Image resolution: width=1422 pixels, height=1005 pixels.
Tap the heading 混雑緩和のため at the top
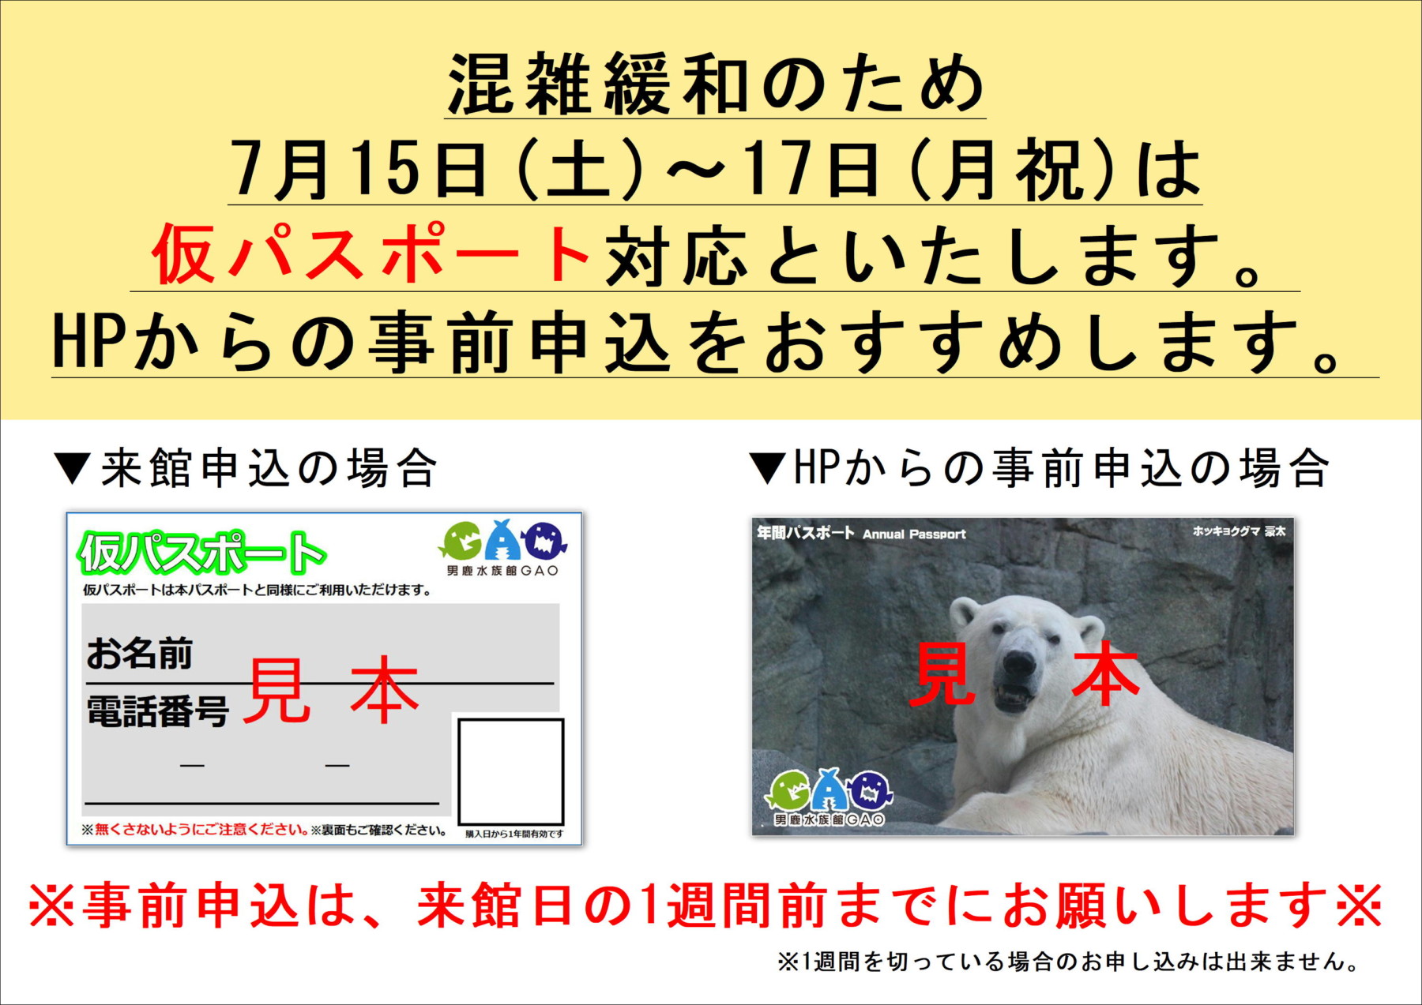coord(716,84)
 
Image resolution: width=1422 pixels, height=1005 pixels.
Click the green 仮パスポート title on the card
coord(201,552)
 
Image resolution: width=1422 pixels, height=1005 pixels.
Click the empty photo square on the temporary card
coord(511,771)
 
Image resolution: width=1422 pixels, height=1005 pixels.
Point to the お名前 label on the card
coord(140,654)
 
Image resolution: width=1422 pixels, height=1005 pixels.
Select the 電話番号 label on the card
coord(158,711)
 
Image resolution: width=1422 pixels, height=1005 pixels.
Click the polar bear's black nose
coord(1019,662)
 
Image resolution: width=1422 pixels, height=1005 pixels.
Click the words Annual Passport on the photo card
coord(914,534)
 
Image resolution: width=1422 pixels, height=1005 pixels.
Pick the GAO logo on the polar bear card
coord(829,797)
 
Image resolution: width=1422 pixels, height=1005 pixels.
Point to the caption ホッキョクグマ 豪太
coord(1239,531)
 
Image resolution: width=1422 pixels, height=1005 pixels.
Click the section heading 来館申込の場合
coord(269,468)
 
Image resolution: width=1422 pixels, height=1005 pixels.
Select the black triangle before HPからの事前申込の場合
coord(767,467)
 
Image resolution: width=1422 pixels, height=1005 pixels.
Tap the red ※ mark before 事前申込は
coord(52,905)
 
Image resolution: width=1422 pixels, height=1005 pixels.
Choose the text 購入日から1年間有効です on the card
coord(514,834)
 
